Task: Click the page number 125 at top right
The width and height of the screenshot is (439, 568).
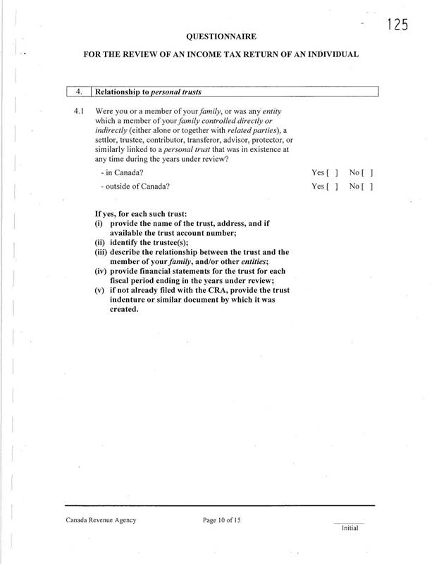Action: coord(397,25)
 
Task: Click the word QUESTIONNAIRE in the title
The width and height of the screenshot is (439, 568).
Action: coord(221,35)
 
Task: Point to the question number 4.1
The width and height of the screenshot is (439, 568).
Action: coord(78,111)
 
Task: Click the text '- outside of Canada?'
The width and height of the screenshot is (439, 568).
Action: coord(135,187)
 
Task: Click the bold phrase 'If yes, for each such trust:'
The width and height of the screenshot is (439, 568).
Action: coord(146,213)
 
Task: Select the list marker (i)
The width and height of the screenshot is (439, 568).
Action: coord(99,223)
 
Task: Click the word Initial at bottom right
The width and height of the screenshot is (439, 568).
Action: coord(350,528)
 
